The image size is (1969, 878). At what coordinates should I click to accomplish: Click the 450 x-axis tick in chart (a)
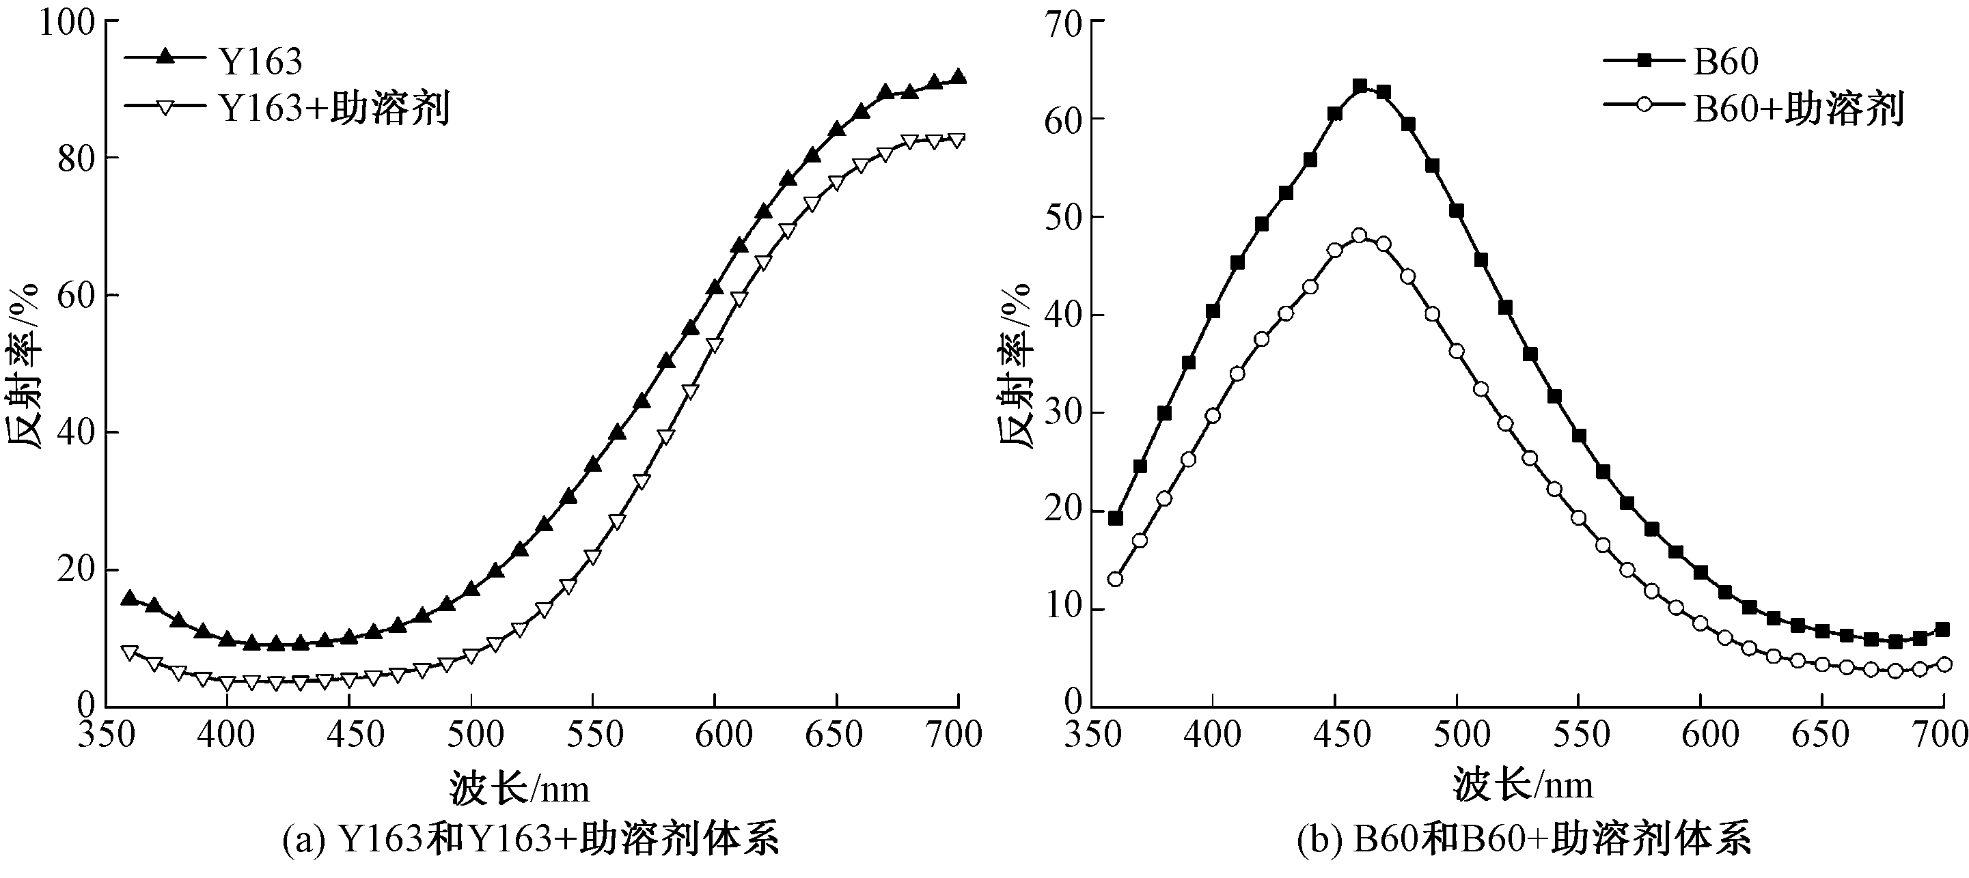348,736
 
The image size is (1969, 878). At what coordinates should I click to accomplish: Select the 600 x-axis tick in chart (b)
1700,736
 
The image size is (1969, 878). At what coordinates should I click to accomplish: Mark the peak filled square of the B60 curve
1359,86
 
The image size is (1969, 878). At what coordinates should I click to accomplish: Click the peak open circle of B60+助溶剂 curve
1359,236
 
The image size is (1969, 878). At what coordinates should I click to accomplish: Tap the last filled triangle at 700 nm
958,77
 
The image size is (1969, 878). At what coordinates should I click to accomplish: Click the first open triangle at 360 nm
129,652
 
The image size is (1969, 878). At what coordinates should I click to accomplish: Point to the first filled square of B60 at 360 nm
1115,518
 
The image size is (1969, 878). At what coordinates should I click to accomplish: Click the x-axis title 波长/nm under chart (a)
520,787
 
